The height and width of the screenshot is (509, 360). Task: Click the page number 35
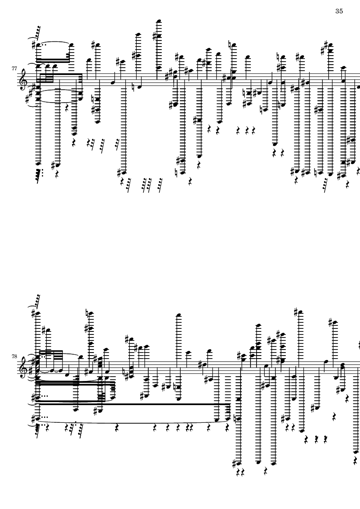(339, 11)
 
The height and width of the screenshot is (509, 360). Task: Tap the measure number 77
(14, 69)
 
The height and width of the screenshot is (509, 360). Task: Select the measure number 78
(14, 356)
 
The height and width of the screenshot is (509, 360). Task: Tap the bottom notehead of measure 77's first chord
(38, 164)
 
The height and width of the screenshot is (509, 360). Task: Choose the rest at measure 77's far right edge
(358, 170)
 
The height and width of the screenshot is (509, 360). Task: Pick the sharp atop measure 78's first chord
(34, 313)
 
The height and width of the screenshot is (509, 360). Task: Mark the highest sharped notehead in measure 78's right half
(300, 312)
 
